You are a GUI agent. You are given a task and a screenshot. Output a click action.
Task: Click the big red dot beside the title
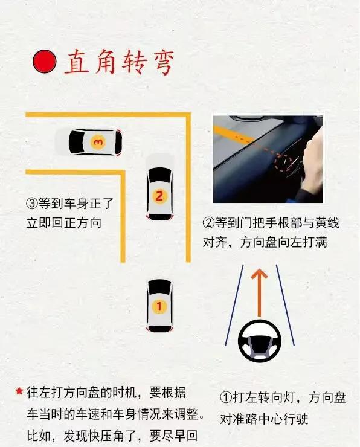click(44, 61)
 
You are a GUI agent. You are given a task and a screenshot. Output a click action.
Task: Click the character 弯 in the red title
click(161, 62)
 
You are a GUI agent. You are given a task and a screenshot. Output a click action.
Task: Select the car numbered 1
click(159, 306)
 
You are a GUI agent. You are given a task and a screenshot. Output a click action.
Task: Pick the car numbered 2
click(159, 194)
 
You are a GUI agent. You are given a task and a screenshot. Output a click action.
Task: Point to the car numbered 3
click(95, 142)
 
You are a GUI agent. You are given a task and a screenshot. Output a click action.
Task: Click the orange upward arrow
click(259, 292)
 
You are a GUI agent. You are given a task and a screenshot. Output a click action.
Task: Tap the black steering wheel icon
click(260, 341)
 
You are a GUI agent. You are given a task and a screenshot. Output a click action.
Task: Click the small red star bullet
click(19, 391)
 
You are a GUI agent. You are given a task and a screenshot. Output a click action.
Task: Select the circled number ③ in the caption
click(32, 204)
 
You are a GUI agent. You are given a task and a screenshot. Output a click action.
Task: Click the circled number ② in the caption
click(208, 223)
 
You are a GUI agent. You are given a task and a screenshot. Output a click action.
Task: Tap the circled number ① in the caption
click(226, 397)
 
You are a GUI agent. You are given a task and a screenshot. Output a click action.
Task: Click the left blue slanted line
click(234, 305)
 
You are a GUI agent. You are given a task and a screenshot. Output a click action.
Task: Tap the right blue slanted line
click(285, 305)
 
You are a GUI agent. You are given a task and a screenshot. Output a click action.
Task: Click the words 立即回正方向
click(64, 223)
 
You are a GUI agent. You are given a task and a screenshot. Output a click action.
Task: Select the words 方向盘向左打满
click(284, 243)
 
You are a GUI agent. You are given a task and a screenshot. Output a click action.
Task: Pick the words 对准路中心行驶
click(264, 419)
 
